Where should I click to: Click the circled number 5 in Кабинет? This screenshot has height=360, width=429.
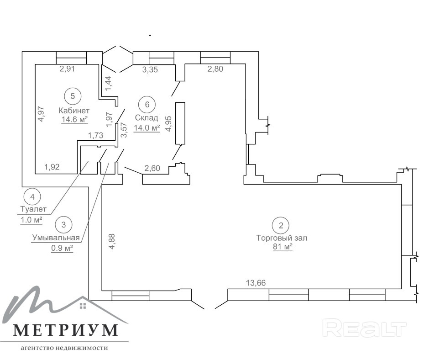[73, 96]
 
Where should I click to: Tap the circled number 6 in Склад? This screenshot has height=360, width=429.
[147, 104]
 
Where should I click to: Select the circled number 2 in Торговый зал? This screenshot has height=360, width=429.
[281, 225]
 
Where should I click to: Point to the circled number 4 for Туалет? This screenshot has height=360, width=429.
[32, 197]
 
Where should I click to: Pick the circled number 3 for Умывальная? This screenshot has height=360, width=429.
[63, 225]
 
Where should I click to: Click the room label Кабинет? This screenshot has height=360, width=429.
[74, 111]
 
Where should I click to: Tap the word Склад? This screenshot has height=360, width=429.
[146, 118]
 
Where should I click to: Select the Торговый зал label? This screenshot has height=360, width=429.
[282, 238]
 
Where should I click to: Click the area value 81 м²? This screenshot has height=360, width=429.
[283, 247]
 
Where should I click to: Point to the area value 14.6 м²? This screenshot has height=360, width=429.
[74, 120]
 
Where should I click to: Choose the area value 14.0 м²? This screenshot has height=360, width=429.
[147, 128]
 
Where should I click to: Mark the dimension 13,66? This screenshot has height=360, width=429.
[256, 283]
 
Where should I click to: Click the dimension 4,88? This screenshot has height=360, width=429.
[112, 242]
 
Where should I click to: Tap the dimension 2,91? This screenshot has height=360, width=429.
[67, 69]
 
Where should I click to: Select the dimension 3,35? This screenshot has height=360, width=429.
[150, 69]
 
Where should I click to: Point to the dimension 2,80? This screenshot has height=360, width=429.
[215, 69]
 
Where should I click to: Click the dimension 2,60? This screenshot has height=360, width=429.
[152, 168]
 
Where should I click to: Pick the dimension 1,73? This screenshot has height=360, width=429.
[95, 135]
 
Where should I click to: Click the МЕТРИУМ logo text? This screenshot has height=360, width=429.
[66, 330]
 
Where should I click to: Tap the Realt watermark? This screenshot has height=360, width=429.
[364, 328]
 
